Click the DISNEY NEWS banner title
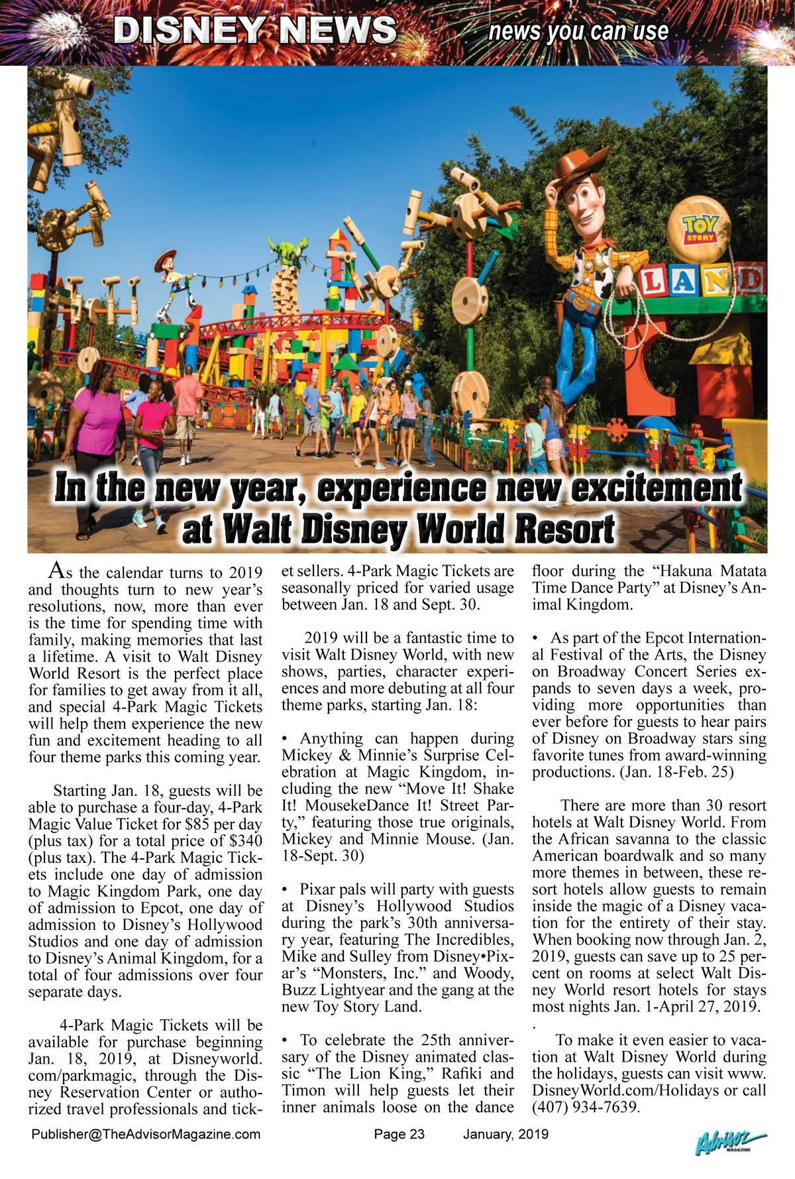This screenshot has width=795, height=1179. click(x=255, y=30)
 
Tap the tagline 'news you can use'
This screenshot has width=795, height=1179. click(x=578, y=31)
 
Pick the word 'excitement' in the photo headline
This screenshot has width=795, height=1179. click(x=656, y=488)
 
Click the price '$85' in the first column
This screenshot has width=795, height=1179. click(x=197, y=824)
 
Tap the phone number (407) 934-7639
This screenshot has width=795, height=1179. click(x=584, y=1107)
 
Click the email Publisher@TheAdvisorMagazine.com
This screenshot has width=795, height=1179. click(x=146, y=1134)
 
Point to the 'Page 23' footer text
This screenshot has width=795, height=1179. click(x=399, y=1134)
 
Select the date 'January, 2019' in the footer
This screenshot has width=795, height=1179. click(x=505, y=1134)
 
